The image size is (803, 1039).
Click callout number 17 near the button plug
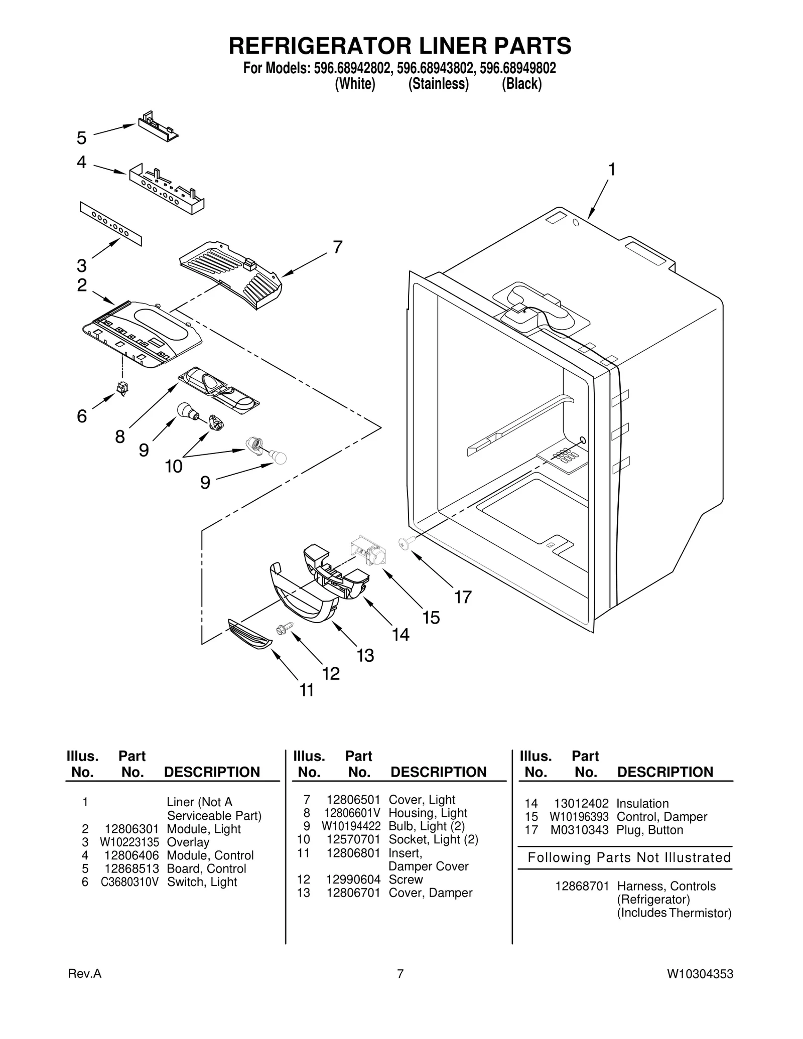tap(463, 597)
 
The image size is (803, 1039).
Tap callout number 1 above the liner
tap(612, 170)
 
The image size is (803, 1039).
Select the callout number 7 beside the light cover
tap(338, 247)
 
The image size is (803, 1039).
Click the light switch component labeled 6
tap(122, 388)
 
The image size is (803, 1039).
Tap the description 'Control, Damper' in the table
tap(661, 817)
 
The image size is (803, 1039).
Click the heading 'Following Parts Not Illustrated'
tap(629, 858)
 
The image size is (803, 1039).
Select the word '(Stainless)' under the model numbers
tap(438, 84)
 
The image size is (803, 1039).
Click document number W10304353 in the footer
tap(700, 974)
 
